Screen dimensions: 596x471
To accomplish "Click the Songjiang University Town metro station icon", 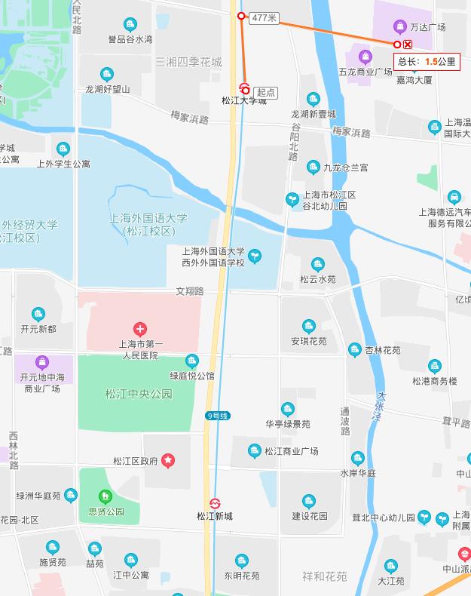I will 244,87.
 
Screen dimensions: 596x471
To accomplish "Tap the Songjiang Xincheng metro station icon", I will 215,503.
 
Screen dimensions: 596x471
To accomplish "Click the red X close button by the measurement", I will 408,45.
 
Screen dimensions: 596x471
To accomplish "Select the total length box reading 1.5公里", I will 427,62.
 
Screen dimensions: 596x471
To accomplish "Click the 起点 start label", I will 265,93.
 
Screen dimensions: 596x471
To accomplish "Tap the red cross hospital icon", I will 139,329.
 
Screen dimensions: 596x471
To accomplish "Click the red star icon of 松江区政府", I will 168,459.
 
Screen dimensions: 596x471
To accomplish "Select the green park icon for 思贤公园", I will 106,496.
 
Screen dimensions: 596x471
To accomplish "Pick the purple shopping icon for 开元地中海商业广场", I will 42,361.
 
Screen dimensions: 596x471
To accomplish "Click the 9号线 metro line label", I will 217,416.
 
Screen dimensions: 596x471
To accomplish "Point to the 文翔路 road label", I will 190,290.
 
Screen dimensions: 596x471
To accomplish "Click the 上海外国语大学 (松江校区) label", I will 148,224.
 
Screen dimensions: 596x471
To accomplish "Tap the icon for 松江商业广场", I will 255,450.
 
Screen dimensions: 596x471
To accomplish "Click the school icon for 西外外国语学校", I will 255,257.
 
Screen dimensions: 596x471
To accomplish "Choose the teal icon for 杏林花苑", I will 355,349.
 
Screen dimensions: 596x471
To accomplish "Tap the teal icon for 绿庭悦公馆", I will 192,361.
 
